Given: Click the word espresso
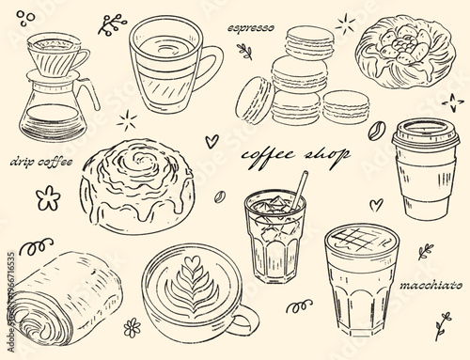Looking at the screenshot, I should [251, 29].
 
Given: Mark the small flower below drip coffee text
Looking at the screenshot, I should [43, 196].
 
